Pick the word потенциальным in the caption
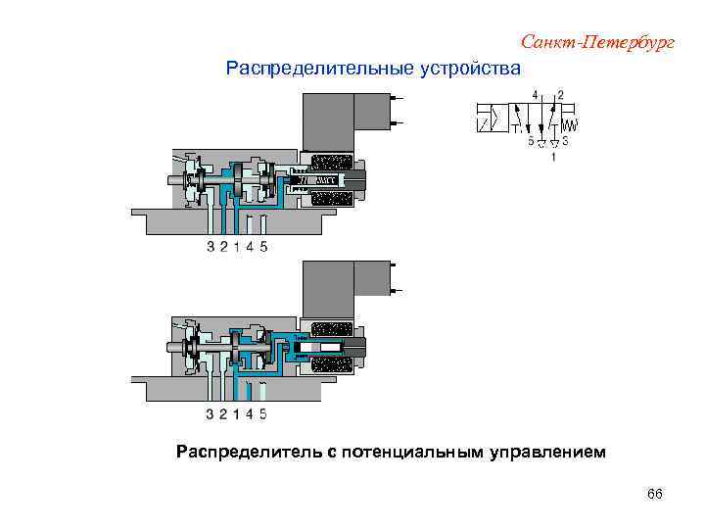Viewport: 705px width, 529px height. (409, 452)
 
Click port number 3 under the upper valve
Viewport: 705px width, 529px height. (211, 247)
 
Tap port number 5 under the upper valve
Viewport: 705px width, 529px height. (263, 247)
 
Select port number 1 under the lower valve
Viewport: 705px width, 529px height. (236, 413)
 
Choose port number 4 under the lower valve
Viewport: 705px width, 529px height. (250, 413)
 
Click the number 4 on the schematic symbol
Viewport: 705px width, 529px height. (535, 94)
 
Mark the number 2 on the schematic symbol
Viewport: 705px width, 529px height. (560, 94)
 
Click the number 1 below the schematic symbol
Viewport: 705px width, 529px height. (554, 156)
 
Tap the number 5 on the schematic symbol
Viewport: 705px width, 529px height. (531, 141)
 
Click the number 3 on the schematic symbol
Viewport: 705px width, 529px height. (566, 141)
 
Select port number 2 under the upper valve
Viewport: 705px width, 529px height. (223, 247)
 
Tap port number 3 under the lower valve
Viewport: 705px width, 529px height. (211, 413)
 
